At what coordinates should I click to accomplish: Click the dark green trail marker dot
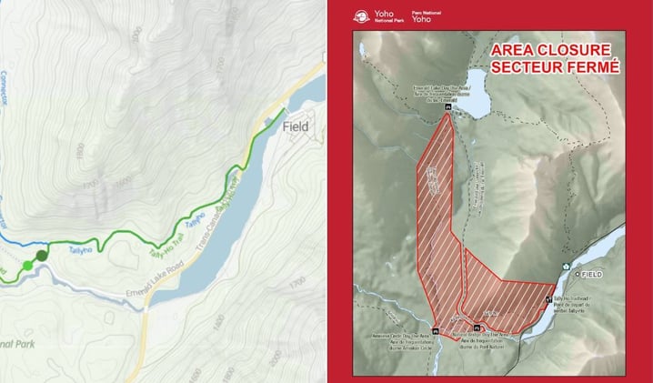[x=42, y=256]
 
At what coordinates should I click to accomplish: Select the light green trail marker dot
[x=27, y=265]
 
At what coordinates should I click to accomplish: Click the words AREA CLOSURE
[x=554, y=50]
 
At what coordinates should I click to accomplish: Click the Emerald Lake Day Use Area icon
[x=449, y=107]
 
